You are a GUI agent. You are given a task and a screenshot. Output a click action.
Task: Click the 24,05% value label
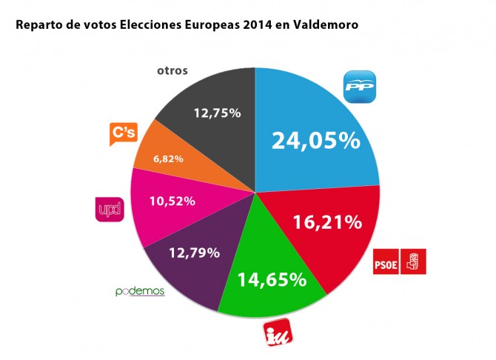[x=315, y=141]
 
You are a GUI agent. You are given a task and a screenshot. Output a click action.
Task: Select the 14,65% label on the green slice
[x=271, y=280]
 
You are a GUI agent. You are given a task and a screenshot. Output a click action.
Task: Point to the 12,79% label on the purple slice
[x=195, y=253]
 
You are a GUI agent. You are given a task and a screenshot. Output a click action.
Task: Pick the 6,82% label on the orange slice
[x=169, y=159]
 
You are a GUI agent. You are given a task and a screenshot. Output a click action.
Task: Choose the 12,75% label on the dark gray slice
[x=216, y=113]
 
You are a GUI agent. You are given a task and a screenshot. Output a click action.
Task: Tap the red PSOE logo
[x=400, y=261]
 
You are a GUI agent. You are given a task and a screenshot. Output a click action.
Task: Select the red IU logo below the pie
[x=280, y=334]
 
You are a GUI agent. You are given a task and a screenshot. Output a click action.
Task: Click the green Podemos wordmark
[x=140, y=291]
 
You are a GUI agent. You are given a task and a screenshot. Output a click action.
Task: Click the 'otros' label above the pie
[x=172, y=71]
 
